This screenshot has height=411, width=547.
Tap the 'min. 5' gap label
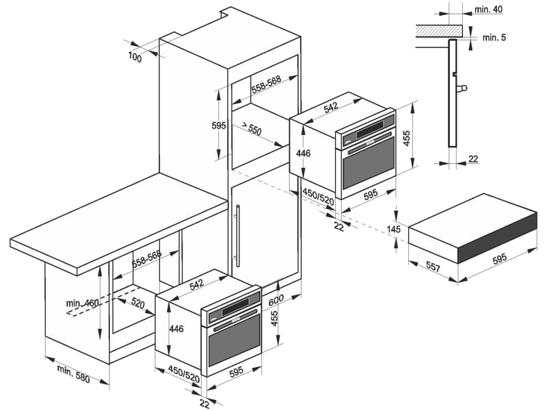[x=494, y=38]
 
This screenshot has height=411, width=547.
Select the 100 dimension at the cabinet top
[x=134, y=58]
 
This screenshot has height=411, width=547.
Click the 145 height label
[x=393, y=229]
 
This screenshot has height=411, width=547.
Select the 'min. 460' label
[x=83, y=303]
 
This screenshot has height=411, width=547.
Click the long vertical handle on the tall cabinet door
[x=237, y=236]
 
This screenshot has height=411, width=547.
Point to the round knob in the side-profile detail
[x=466, y=88]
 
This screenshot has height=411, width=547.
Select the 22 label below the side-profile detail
[x=473, y=159]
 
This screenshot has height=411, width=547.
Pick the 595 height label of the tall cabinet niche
[x=218, y=125]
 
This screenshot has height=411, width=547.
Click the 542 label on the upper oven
[x=331, y=107]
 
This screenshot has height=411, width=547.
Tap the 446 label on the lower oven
[x=176, y=329]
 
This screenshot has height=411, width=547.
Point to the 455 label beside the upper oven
[x=406, y=139]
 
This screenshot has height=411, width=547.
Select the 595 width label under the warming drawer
[x=498, y=258]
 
